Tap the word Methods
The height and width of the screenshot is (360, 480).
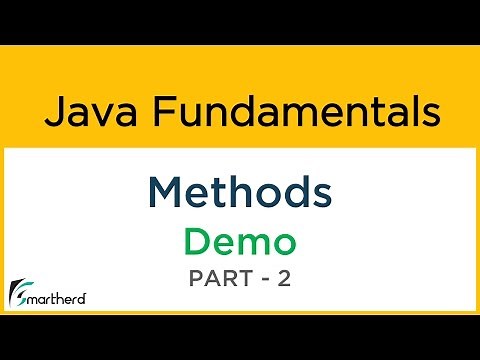point(239,191)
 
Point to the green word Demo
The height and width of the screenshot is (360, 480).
point(239,240)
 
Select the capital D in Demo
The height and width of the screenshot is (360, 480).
point(197,240)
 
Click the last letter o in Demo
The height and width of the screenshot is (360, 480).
point(283,242)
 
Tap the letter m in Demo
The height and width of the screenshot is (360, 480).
point(252,242)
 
